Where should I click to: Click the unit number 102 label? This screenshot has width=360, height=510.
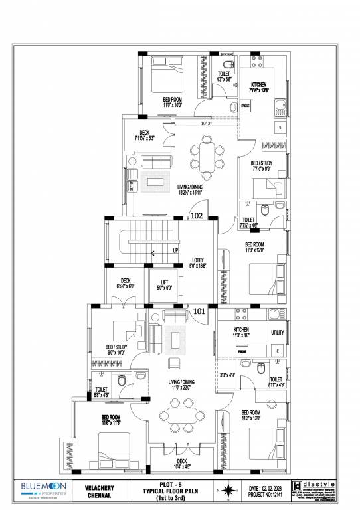[197, 216]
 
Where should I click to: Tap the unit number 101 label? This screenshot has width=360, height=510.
[199, 310]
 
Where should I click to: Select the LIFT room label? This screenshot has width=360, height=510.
[164, 285]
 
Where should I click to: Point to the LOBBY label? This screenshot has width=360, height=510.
[199, 262]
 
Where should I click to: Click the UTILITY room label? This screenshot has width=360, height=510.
[278, 333]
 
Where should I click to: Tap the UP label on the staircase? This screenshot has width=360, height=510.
[175, 251]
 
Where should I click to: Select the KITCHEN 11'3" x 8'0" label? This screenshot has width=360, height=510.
[241, 333]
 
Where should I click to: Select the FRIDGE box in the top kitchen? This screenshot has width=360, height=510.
[245, 106]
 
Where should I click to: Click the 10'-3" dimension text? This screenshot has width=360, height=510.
[207, 123]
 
